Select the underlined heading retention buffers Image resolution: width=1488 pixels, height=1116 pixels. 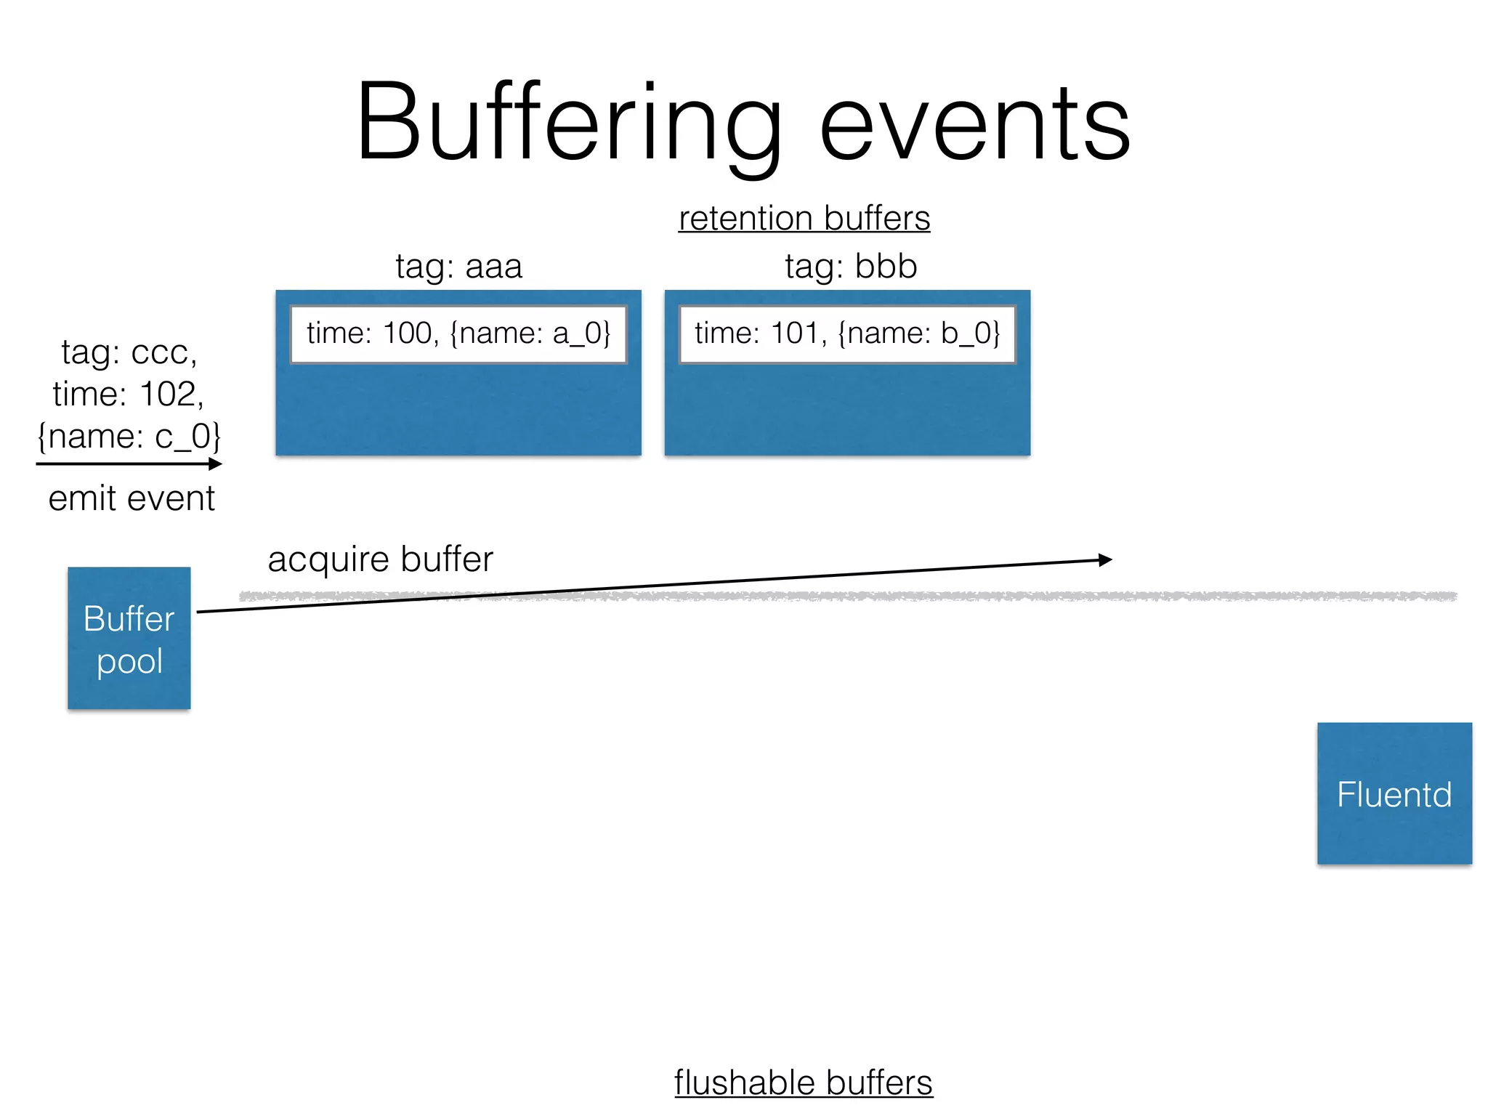click(x=804, y=219)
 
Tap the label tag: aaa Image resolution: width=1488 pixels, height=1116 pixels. click(x=458, y=267)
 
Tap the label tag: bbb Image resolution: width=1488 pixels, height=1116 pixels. click(x=850, y=267)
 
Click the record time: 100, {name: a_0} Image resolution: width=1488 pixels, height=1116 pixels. click(x=458, y=333)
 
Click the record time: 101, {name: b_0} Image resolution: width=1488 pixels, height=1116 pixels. click(x=847, y=333)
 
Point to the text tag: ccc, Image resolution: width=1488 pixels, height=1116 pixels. click(x=129, y=352)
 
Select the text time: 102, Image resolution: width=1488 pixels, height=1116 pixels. click(x=129, y=395)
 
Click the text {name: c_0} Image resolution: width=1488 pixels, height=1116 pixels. click(x=129, y=437)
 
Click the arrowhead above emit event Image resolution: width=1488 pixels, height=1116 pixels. click(x=216, y=464)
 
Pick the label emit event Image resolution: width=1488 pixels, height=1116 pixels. click(x=132, y=499)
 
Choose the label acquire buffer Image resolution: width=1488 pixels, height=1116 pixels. click(x=380, y=560)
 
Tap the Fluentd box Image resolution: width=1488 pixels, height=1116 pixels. click(x=1394, y=793)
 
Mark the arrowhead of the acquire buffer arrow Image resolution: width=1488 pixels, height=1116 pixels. click(x=1106, y=559)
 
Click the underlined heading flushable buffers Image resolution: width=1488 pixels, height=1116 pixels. click(x=804, y=1083)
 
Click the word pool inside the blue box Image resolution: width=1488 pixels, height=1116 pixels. click(x=129, y=662)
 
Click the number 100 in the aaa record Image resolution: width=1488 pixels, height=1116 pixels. click(x=407, y=333)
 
